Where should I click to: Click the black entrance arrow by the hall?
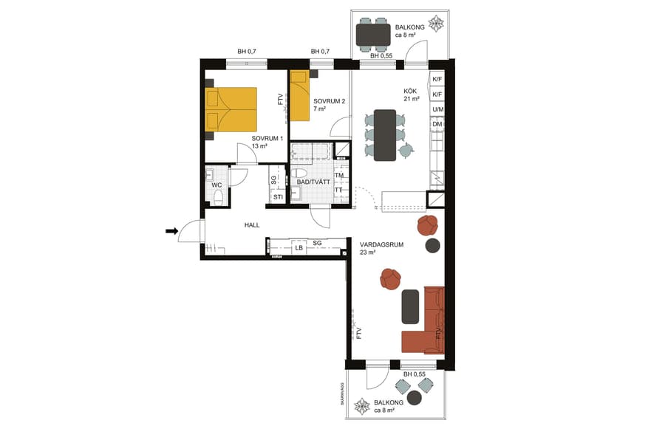pyautogui.click(x=171, y=231)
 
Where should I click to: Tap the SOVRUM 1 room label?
pyautogui.click(x=267, y=142)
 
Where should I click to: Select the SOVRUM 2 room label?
pyautogui.click(x=329, y=104)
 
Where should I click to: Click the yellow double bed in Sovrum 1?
pyautogui.click(x=231, y=110)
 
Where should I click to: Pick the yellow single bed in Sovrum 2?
pyautogui.click(x=299, y=96)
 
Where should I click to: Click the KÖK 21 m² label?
pyautogui.click(x=412, y=94)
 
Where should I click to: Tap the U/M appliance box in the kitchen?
pyautogui.click(x=437, y=110)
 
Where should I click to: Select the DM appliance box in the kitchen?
pyautogui.click(x=437, y=125)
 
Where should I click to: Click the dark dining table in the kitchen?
pyautogui.click(x=385, y=135)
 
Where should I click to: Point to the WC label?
pyautogui.click(x=216, y=185)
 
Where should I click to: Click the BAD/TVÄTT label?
pyautogui.click(x=313, y=182)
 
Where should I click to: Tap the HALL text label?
pyautogui.click(x=253, y=225)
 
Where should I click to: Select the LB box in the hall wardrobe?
pyautogui.click(x=299, y=248)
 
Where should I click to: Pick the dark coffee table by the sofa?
pyautogui.click(x=410, y=306)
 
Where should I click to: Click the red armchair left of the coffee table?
pyautogui.click(x=390, y=278)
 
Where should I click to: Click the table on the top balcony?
pyautogui.click(x=373, y=34)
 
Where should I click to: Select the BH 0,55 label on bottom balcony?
pyautogui.click(x=415, y=374)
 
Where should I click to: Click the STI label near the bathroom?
pyautogui.click(x=278, y=197)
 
